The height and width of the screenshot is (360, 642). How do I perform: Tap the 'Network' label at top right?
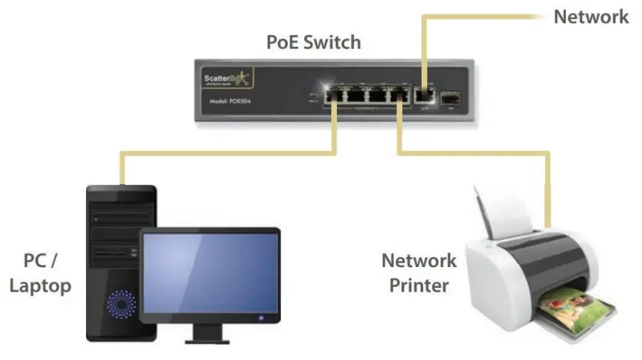pos(591,17)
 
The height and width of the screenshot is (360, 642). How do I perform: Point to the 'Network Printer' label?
pos(419,272)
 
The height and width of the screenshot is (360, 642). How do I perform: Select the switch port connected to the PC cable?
pos(336,97)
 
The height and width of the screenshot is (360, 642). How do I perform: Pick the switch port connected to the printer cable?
pos(397,97)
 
